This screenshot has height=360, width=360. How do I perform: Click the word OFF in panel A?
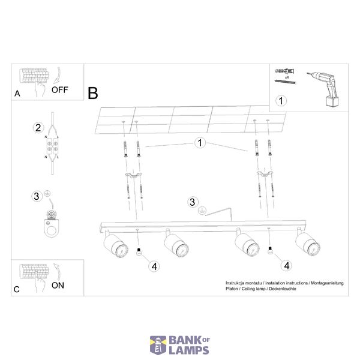coord(59,90)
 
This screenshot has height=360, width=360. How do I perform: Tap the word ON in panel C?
coord(58,286)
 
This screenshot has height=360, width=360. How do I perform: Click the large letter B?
coord(93,93)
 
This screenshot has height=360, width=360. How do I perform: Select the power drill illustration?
coord(324,89)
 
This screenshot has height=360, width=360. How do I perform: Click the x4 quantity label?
coord(287,77)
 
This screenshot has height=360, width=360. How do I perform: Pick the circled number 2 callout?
coord(38,128)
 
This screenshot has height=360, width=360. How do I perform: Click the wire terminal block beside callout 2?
coord(52,146)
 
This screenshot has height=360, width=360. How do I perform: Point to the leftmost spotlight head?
coord(115,244)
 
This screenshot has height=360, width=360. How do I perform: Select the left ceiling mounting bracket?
coord(133,175)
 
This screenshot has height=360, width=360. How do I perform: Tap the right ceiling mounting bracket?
coord(265,174)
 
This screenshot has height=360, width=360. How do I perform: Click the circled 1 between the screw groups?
coord(200,143)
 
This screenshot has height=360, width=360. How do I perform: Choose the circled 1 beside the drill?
coord(281,101)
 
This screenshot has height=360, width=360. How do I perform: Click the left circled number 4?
coord(154,266)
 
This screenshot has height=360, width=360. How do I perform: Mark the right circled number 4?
coord(287,266)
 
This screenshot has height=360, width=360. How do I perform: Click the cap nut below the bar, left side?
coord(139,251)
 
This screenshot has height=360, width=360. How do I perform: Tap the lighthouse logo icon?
coord(158,345)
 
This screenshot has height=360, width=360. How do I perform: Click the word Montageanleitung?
coord(327,283)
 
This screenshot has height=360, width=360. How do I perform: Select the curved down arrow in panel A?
coord(58,76)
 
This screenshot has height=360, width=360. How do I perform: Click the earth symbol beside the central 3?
coord(202,211)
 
